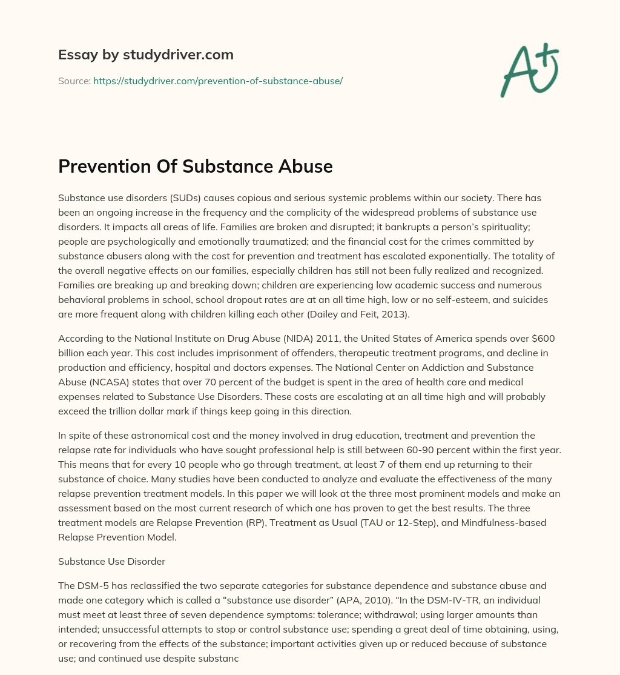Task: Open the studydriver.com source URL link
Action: [x=218, y=81]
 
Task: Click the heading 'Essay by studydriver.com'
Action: [x=146, y=55]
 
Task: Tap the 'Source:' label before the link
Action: [x=74, y=81]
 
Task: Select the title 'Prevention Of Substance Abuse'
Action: [x=196, y=166]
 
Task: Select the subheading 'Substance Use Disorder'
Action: [x=112, y=561]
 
